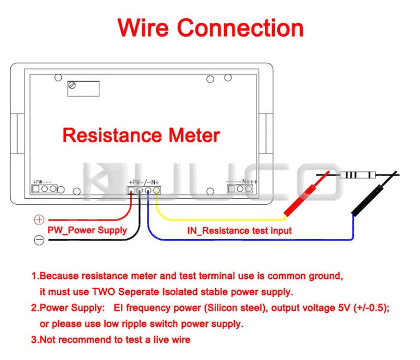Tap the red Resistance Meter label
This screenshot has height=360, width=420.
click(x=141, y=135)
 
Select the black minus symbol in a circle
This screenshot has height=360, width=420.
click(x=39, y=240)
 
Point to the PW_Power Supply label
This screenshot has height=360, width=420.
click(x=87, y=230)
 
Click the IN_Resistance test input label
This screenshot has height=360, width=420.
click(x=239, y=231)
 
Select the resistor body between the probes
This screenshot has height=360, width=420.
click(x=354, y=175)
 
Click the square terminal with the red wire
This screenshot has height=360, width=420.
click(x=131, y=191)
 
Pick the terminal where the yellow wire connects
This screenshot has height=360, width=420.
click(x=156, y=191)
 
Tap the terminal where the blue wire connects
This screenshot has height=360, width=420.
click(x=148, y=191)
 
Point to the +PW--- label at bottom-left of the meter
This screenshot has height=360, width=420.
click(x=42, y=181)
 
